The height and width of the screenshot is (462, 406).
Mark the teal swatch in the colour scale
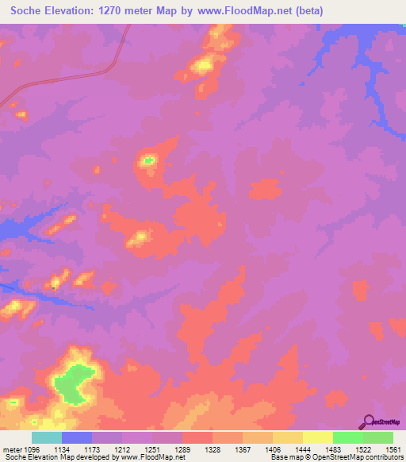(x=47, y=437)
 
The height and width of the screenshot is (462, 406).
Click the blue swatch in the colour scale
(x=77, y=437)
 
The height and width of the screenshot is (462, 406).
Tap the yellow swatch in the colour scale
(x=317, y=437)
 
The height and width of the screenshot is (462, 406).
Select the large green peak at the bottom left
(x=73, y=382)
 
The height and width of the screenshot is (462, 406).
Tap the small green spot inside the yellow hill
(x=147, y=160)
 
